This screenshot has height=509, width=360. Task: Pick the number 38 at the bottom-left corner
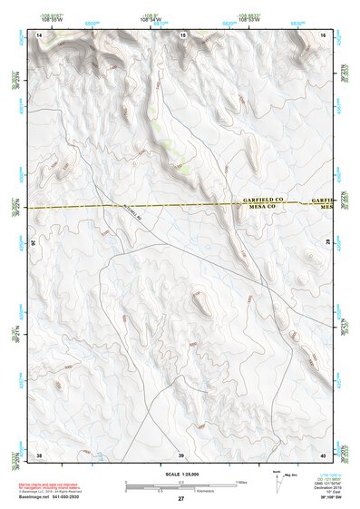[x=39, y=454]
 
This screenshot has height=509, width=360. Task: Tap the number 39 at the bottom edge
[x=180, y=454]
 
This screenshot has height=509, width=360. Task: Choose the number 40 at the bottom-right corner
[x=322, y=454]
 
